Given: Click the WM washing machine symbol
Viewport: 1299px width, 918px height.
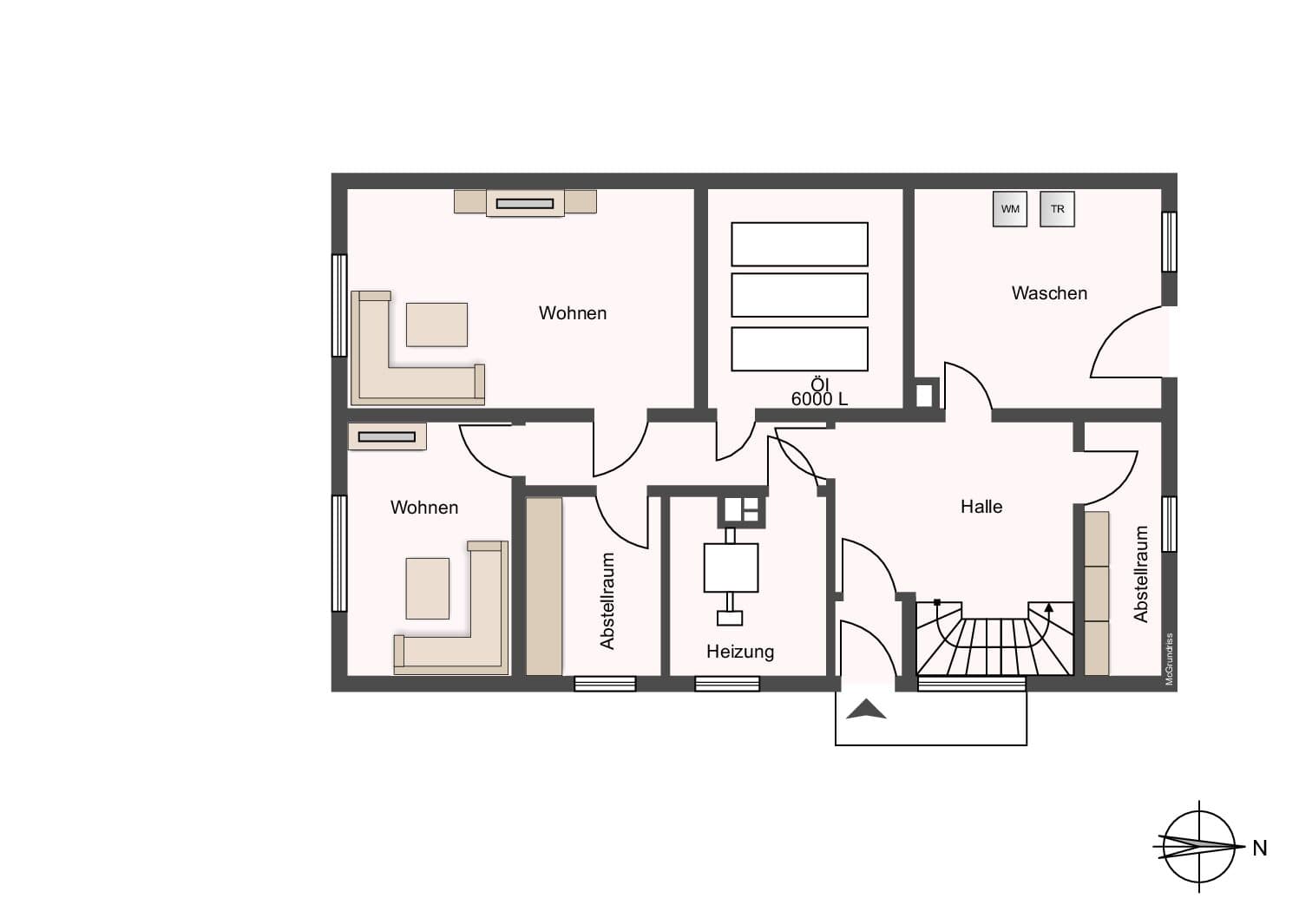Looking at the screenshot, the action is pyautogui.click(x=1010, y=209).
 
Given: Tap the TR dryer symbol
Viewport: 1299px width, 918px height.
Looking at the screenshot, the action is pyautogui.click(x=1057, y=209).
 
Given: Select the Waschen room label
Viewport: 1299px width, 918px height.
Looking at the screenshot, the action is pyautogui.click(x=1049, y=293).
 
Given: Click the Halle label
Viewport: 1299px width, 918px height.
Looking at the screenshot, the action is pyautogui.click(x=981, y=506).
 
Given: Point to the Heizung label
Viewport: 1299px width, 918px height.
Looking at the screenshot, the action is pyautogui.click(x=740, y=652).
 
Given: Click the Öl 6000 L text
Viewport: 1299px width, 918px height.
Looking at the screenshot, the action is pyautogui.click(x=819, y=392).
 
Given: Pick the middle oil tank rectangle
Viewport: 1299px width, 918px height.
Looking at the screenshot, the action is pyautogui.click(x=799, y=295).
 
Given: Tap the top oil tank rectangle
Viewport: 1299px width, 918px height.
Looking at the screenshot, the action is pyautogui.click(x=799, y=244).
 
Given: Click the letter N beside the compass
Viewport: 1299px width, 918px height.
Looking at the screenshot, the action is pyautogui.click(x=1260, y=849).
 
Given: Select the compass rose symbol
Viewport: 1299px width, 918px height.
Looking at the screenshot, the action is pyautogui.click(x=1198, y=847).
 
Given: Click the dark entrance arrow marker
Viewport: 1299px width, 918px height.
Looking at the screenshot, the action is pyautogui.click(x=866, y=709).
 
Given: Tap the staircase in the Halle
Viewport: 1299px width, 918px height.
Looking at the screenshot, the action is pyautogui.click(x=994, y=639).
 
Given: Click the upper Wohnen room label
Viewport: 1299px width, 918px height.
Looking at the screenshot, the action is pyautogui.click(x=573, y=313).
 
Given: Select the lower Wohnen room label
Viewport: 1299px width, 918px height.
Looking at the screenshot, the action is pyautogui.click(x=424, y=508).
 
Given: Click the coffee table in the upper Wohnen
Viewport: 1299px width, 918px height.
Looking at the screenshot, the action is pyautogui.click(x=436, y=325).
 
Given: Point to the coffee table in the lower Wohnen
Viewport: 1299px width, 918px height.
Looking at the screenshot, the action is pyautogui.click(x=428, y=588).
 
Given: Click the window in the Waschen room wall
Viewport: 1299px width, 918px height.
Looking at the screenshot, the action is pyautogui.click(x=1170, y=242).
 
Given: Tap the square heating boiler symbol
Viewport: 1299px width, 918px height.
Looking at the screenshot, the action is pyautogui.click(x=731, y=567).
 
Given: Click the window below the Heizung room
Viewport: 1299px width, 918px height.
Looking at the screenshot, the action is pyautogui.click(x=727, y=684).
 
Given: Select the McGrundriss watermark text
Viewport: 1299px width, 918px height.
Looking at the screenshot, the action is pyautogui.click(x=1170, y=659).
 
